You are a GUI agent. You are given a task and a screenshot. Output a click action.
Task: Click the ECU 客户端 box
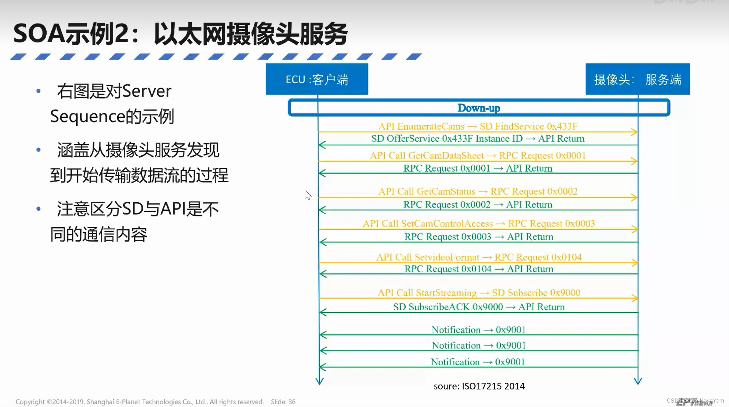tap(317, 79)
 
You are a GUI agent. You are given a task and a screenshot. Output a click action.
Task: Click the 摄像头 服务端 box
tap(638, 79)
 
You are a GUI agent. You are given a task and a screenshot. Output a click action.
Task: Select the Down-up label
tap(479, 108)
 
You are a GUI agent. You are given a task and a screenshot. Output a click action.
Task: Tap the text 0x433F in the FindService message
tap(562, 126)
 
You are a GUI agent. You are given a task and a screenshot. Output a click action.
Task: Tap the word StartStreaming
tap(446, 293)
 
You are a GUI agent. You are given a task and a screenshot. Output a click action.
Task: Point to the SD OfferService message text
tap(478, 139)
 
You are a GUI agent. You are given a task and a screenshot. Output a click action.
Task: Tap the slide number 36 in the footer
tap(292, 402)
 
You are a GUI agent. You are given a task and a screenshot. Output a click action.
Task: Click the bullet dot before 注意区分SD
tap(39, 209)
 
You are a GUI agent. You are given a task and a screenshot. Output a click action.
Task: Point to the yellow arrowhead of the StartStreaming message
tap(634, 298)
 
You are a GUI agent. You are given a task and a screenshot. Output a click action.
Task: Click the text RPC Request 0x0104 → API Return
tap(479, 269)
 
